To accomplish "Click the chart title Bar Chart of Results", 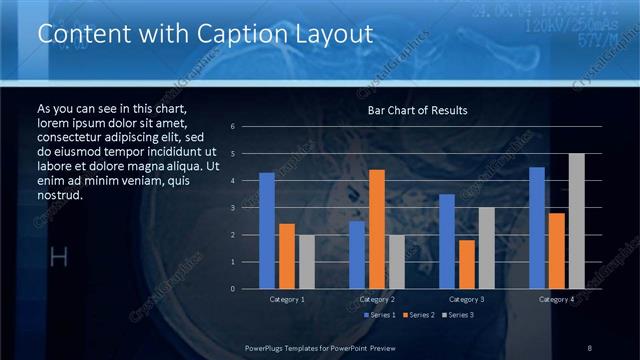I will pos(417,110).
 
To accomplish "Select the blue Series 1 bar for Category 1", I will pos(266,231).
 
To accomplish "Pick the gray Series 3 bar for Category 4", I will pos(576,221).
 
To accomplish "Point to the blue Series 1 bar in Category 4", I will pos(537,228).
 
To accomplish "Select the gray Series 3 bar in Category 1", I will pos(306,262).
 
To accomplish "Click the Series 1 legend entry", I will pos(379,315).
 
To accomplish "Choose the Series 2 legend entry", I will pos(417,315).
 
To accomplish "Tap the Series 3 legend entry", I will pos(456,315).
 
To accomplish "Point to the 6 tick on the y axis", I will pos(232,127).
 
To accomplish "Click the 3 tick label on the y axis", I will pos(232,208).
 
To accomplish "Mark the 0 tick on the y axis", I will pos(232,289).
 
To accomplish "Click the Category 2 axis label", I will pos(377,299).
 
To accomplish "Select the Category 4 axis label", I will pos(557,299).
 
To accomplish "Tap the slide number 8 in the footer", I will pos(590,346).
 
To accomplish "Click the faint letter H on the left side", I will pos(58,258).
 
